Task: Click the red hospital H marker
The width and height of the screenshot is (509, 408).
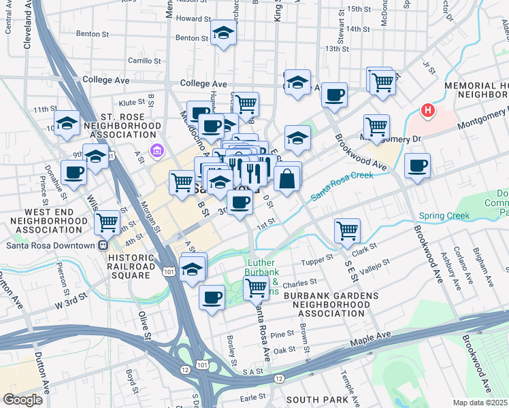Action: [428, 109]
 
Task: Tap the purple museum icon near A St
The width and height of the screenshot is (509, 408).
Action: [157, 150]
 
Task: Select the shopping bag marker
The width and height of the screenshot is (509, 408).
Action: [288, 179]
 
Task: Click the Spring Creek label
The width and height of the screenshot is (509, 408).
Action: [444, 216]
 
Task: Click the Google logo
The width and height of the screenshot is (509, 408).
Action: [22, 399]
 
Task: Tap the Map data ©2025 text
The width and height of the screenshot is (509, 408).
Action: [480, 403]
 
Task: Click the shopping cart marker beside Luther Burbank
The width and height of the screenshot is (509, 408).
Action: [256, 287]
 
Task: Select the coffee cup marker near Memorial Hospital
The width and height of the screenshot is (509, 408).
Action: [417, 165]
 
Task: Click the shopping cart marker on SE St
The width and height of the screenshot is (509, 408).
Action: [347, 231]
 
